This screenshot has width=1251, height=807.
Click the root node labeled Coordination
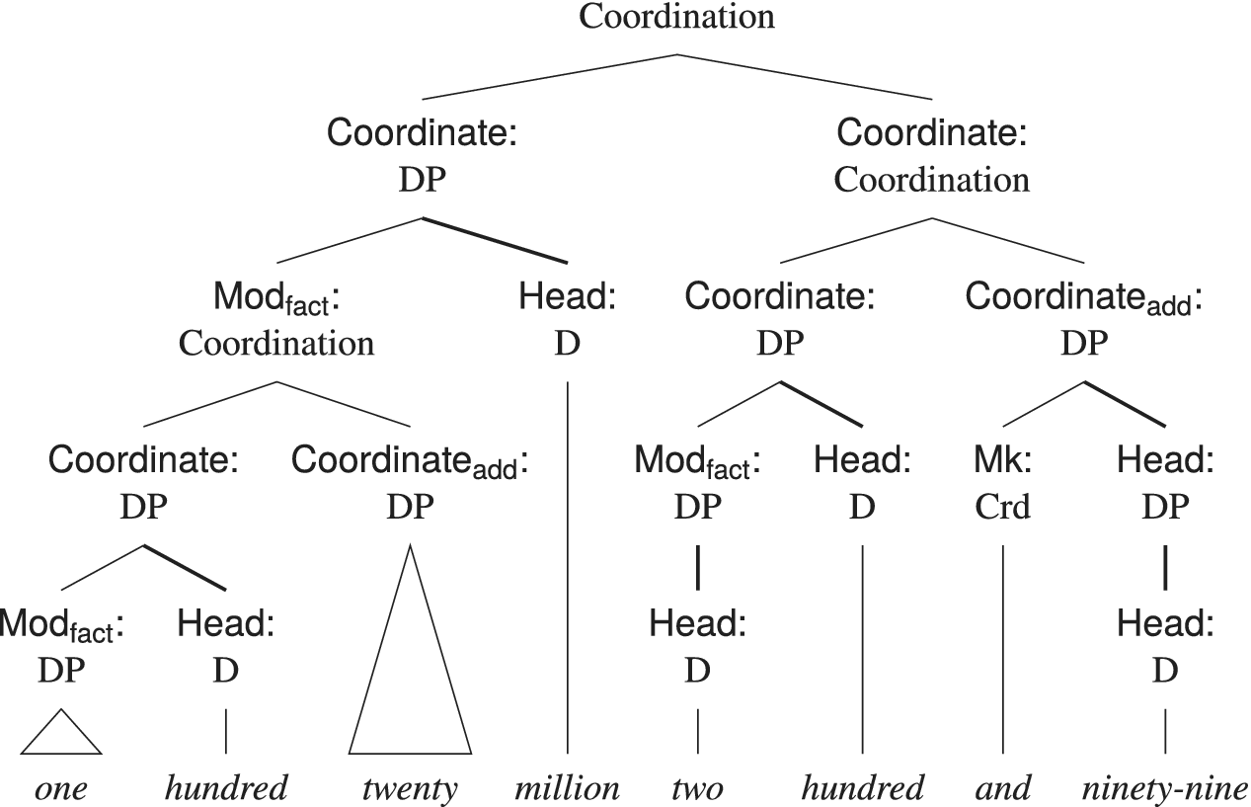click(676, 17)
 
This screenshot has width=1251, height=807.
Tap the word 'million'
click(567, 787)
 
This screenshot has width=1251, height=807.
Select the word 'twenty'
click(410, 788)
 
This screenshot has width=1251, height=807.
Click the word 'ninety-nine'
click(1164, 787)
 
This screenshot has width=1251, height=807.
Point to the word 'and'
click(1002, 787)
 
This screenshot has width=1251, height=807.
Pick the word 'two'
click(697, 787)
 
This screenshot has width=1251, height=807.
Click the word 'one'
click(61, 788)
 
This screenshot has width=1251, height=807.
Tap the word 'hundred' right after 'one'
click(226, 787)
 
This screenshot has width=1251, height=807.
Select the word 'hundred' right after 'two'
click(863, 787)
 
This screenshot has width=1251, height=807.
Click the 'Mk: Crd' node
click(1002, 483)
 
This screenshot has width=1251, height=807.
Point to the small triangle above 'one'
click(61, 735)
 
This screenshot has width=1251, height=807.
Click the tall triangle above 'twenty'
click(410, 672)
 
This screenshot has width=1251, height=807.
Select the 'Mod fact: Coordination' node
click(276, 318)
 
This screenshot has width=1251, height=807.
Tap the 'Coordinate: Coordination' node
click(931, 155)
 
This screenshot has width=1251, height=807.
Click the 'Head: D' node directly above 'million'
click(567, 318)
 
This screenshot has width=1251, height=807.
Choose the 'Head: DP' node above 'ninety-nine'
click(1164, 483)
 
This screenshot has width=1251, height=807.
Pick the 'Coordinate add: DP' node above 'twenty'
click(410, 483)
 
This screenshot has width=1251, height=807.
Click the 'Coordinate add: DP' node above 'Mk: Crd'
click(1083, 318)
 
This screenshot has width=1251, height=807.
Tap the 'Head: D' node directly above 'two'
click(697, 647)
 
